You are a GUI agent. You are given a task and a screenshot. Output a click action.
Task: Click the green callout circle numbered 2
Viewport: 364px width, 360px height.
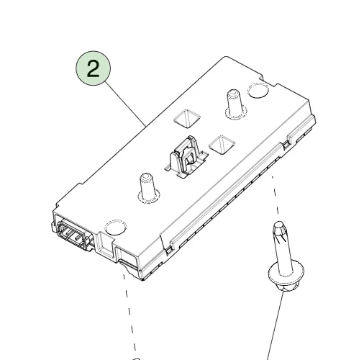point(94,68)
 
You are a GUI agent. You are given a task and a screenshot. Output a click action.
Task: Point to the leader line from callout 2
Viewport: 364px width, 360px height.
point(125,104)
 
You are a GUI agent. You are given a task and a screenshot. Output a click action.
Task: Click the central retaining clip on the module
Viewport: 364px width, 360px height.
point(186,158)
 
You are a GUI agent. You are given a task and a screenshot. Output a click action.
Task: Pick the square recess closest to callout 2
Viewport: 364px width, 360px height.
point(187,118)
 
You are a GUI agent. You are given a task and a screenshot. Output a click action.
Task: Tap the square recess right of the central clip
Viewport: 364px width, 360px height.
point(222,145)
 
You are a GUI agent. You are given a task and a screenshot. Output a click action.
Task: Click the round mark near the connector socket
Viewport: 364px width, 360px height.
point(116,227)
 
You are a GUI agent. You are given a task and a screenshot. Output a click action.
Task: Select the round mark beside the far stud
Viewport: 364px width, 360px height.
point(258,91)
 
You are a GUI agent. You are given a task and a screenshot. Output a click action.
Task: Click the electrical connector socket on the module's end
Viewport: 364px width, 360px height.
point(72,234)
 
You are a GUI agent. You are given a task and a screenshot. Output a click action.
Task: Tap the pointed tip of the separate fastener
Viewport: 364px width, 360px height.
point(278,224)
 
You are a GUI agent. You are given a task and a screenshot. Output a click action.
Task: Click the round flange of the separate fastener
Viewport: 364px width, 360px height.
point(286,272)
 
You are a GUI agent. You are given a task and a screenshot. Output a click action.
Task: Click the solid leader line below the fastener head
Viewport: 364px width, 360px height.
point(275,325)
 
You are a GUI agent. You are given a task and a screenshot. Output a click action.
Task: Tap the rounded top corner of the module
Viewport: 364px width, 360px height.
point(225,58)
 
